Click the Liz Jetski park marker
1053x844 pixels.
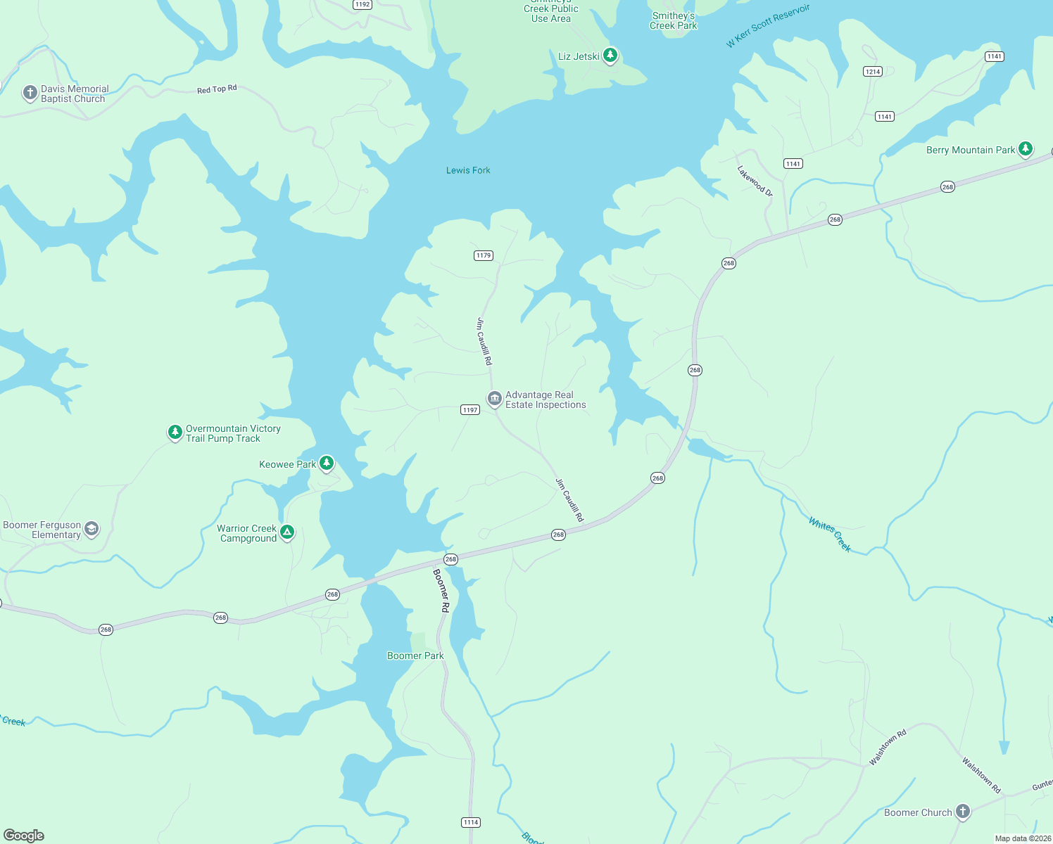pyautogui.click(x=610, y=55)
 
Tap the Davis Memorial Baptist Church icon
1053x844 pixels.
pyautogui.click(x=30, y=92)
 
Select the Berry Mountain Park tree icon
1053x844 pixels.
pyautogui.click(x=1026, y=148)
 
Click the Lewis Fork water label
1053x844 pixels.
pyautogui.click(x=468, y=170)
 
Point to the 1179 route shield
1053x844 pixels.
pyautogui.click(x=484, y=255)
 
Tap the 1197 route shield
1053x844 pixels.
pyautogui.click(x=470, y=409)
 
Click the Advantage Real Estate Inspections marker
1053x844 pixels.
pyautogui.click(x=495, y=399)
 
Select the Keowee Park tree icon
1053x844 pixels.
pyautogui.click(x=326, y=462)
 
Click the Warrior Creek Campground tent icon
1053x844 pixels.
pyautogui.click(x=286, y=532)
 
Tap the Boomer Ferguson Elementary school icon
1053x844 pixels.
pyautogui.click(x=92, y=528)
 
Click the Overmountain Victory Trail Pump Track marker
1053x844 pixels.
pyautogui.click(x=175, y=432)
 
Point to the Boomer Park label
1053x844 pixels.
pyautogui.click(x=415, y=656)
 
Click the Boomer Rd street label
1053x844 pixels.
pyautogui.click(x=441, y=590)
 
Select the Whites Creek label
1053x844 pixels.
pyautogui.click(x=830, y=535)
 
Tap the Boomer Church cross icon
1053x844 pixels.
pyautogui.click(x=962, y=811)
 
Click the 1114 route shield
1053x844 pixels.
pyautogui.click(x=471, y=822)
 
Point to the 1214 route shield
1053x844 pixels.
pyautogui.click(x=873, y=71)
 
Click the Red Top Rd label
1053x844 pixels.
pyautogui.click(x=217, y=89)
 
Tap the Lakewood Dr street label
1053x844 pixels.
pyautogui.click(x=755, y=181)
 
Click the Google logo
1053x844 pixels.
pyautogui.click(x=24, y=835)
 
